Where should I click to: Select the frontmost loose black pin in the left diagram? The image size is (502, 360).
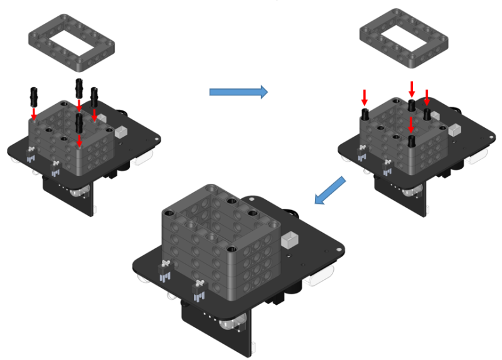pyautogui.click(x=79, y=122)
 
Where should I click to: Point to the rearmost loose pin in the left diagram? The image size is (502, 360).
pyautogui.click(x=79, y=88)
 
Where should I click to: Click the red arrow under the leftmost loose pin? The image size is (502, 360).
pyautogui.click(x=34, y=112)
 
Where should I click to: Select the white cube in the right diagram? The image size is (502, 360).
pyautogui.click(x=454, y=130)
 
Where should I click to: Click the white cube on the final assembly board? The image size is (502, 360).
pyautogui.click(x=290, y=240)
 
